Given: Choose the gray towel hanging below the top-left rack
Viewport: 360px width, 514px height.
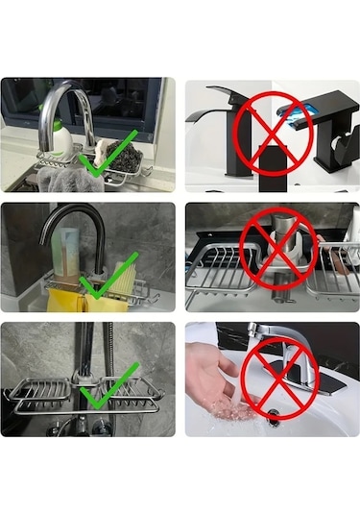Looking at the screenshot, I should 68,180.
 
